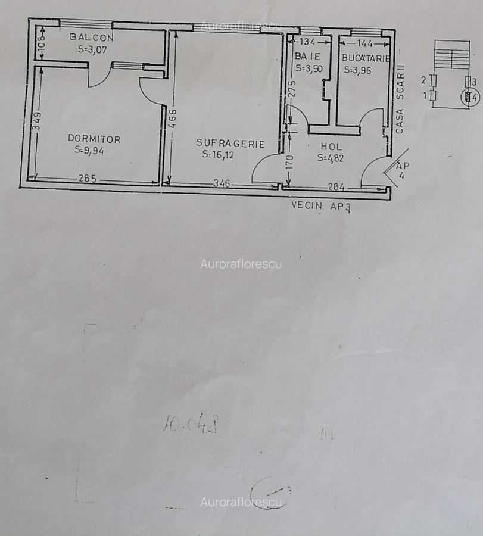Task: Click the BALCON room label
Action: pos(92,37)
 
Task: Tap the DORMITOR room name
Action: pos(94,139)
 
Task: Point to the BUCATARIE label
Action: pos(366,58)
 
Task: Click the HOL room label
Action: pos(331,146)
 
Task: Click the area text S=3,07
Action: pos(92,50)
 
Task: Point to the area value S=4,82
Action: pos(331,158)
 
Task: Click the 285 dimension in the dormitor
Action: pos(87,178)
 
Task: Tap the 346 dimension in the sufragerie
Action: pos(222,183)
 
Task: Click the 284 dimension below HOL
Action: pos(336,187)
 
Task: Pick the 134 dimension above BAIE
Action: pos(307,42)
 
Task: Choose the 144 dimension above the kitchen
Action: pos(365,43)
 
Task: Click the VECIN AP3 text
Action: pos(321,207)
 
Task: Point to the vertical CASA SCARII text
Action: pos(401,99)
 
